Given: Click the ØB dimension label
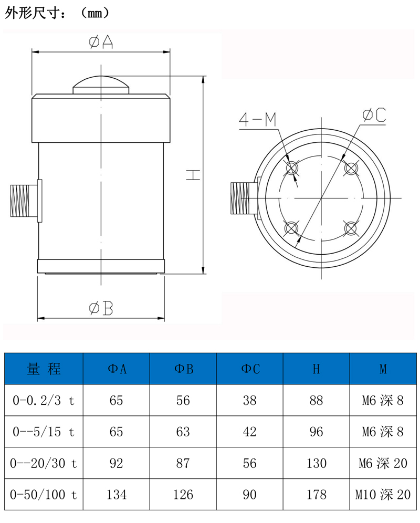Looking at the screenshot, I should coord(101,309).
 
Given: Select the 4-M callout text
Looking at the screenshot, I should coord(257,120).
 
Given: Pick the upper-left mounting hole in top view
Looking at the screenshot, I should coord(291,168).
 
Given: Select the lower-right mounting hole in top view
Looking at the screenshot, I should coord(351,228).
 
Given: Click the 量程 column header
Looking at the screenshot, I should coord(44,369).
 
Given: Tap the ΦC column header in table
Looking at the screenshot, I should coord(250,369).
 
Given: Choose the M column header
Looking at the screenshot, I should coord(383,369).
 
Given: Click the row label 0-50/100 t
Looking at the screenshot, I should coord(44,494).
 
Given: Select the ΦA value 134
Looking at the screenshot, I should coord(117,494).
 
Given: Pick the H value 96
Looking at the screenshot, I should coord(316,432).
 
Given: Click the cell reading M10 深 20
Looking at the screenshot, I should coord(383,494).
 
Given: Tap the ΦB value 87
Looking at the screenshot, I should coord(183,463).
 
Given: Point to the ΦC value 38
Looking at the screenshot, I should coord(250,401).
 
